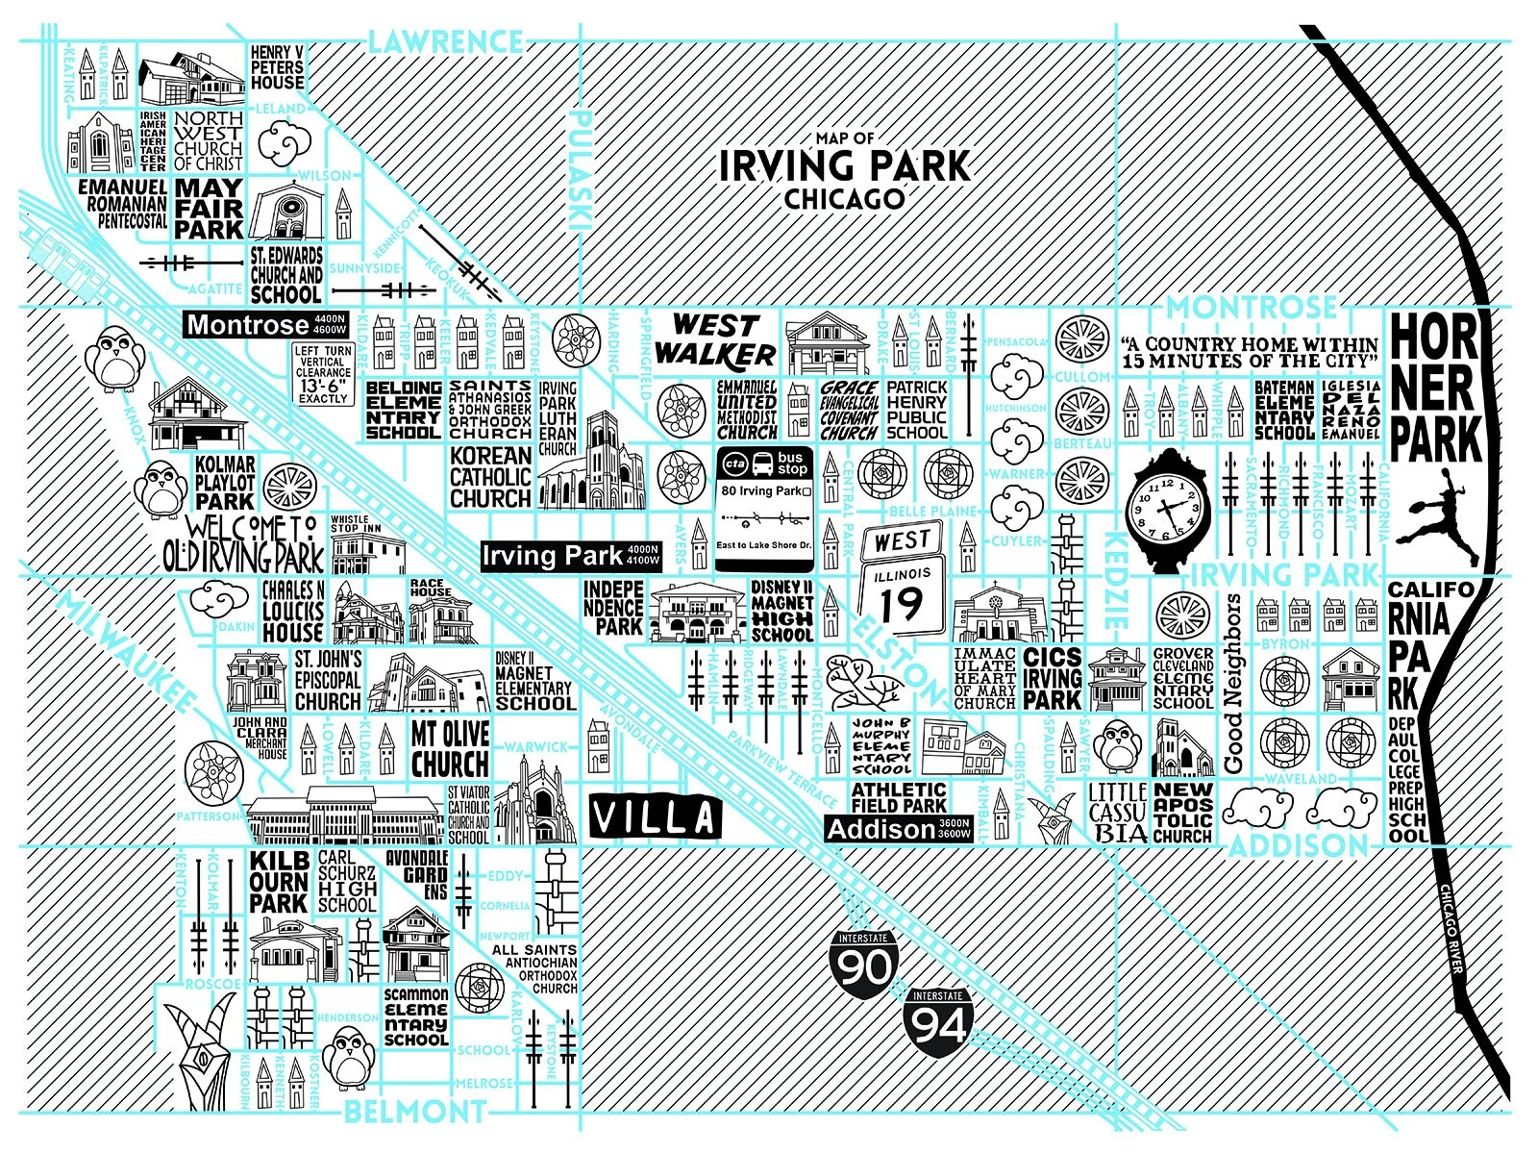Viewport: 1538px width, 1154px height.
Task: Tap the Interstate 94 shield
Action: pyautogui.click(x=938, y=1022)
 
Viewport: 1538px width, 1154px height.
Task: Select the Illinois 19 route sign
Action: pyautogui.click(x=902, y=581)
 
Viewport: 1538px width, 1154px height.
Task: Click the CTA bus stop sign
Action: pyautogui.click(x=765, y=508)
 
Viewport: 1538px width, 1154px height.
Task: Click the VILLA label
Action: pyautogui.click(x=655, y=818)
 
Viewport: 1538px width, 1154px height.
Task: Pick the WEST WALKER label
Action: pyautogui.click(x=715, y=340)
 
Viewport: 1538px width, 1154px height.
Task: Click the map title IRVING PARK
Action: pyautogui.click(x=845, y=166)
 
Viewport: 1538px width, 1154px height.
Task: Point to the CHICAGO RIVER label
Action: pyautogui.click(x=1452, y=929)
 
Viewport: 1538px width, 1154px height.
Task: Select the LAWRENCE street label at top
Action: pyautogui.click(x=445, y=41)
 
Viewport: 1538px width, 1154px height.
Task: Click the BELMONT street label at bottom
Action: pyautogui.click(x=414, y=1112)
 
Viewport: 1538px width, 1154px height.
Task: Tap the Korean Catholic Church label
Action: pyautogui.click(x=490, y=477)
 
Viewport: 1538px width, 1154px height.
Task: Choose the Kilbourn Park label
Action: pyautogui.click(x=279, y=882)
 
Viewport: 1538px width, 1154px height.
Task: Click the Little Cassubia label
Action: pyautogui.click(x=1117, y=813)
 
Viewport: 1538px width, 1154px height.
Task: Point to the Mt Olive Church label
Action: pyautogui.click(x=450, y=748)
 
